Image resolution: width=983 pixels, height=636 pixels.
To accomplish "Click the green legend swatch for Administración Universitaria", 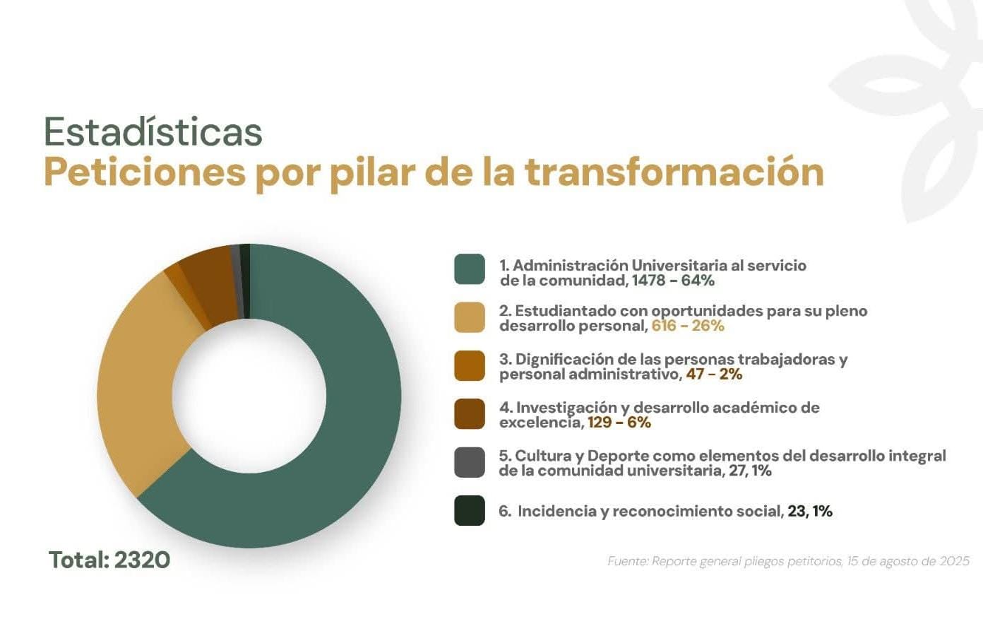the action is [470, 269].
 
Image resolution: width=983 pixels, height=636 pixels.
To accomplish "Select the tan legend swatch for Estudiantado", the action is [470, 317].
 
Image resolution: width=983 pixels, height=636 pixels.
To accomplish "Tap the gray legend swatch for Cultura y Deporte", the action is [470, 462].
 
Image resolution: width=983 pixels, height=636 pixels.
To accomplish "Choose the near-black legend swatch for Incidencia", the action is [470, 510].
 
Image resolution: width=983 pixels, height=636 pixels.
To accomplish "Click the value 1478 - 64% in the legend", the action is [673, 281].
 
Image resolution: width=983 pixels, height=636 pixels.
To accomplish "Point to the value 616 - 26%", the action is [688, 326].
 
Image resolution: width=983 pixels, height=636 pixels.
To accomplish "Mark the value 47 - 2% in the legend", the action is [714, 375].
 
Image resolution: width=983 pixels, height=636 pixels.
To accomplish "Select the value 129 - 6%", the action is [619, 423].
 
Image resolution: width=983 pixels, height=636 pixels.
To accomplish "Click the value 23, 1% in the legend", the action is [810, 511].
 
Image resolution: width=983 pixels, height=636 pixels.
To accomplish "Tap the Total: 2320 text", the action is [109, 560].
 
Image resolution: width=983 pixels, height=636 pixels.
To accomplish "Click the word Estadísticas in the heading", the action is [153, 131].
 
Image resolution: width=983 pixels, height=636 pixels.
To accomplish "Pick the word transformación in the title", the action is [674, 172].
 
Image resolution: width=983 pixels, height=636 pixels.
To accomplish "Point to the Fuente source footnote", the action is [788, 561].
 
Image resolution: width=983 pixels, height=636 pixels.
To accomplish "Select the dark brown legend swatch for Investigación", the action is [470, 413].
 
